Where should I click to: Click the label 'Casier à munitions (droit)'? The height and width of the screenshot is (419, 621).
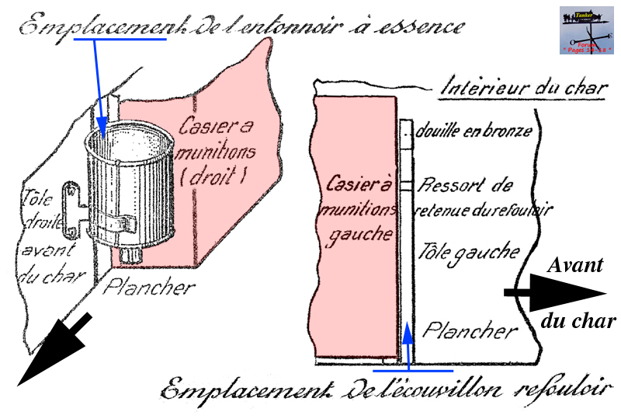[213, 152]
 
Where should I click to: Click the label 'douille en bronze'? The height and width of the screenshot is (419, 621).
[474, 131]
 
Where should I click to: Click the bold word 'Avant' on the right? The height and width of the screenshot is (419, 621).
[575, 265]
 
